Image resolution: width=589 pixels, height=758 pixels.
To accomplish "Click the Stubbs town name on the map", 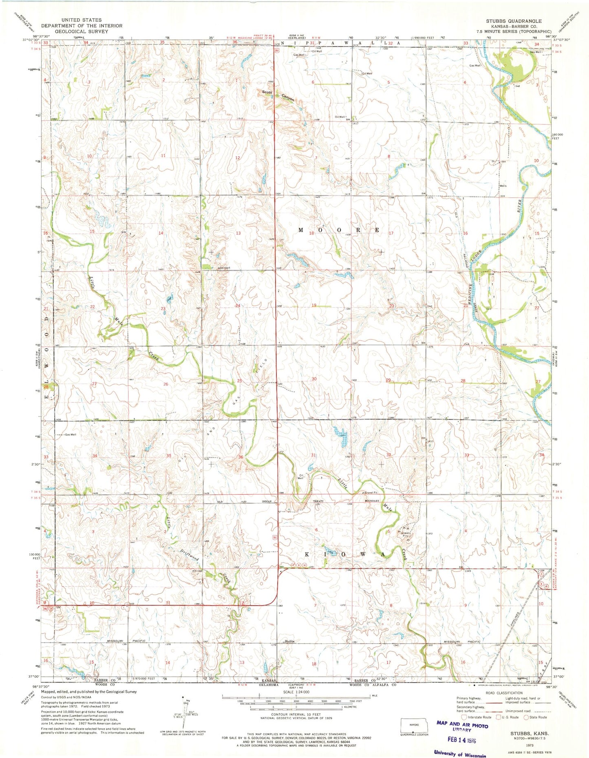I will coord(289,641).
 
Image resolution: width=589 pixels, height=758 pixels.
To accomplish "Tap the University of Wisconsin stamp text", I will coord(460,753).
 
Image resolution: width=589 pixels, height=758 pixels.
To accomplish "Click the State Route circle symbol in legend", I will coord(526,717).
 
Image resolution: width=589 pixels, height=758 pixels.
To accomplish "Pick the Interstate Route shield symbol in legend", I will coord(463,717).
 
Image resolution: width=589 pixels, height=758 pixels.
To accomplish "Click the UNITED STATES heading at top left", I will coord(82,20).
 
